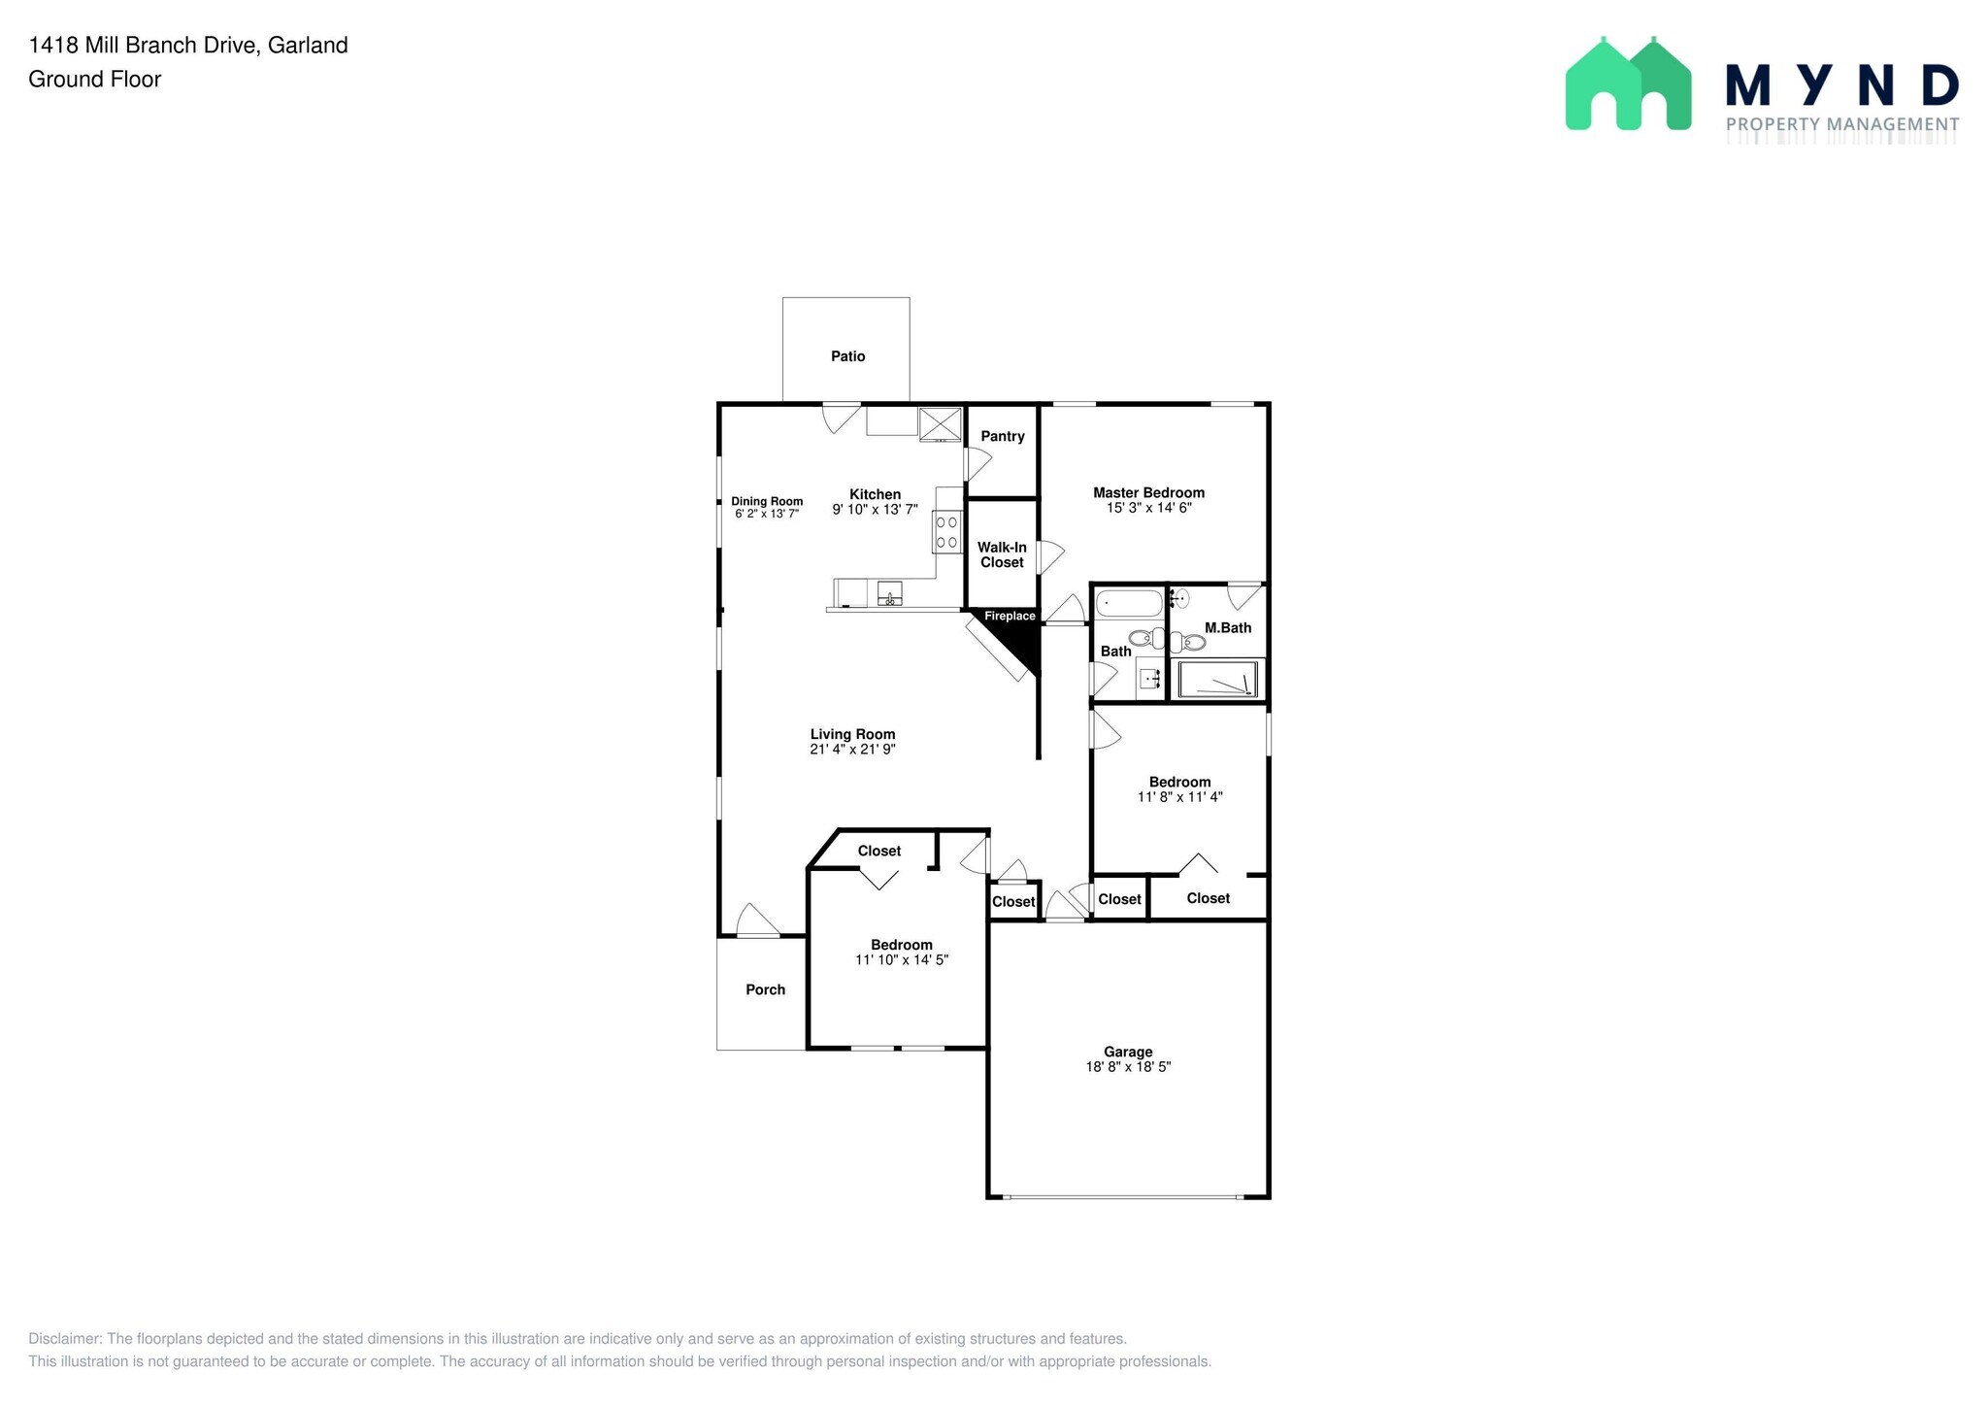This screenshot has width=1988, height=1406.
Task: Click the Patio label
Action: coord(847,356)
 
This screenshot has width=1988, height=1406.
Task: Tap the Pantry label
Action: coord(1002,436)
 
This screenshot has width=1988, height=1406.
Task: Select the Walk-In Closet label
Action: coord(1002,554)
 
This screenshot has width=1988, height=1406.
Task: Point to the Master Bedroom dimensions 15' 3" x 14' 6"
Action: coord(1148,508)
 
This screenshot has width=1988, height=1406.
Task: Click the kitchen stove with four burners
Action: coord(946,532)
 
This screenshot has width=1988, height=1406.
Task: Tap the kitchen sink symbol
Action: coord(889,593)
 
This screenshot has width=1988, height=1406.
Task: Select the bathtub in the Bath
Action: coord(1129,604)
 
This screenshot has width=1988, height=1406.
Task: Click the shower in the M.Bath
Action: coord(1218,680)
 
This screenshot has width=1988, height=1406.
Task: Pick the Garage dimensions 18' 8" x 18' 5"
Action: coord(1128,1067)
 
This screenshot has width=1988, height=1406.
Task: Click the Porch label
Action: coord(765,989)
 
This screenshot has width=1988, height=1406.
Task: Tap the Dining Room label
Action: coord(767,501)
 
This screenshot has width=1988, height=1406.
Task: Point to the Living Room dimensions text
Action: coord(852,750)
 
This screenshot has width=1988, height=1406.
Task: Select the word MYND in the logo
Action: coord(1841,85)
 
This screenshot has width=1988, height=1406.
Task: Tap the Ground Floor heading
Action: coord(95,80)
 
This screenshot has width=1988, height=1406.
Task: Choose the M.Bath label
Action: coord(1228,627)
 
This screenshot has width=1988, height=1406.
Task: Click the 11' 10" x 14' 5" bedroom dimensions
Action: coord(901,960)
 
